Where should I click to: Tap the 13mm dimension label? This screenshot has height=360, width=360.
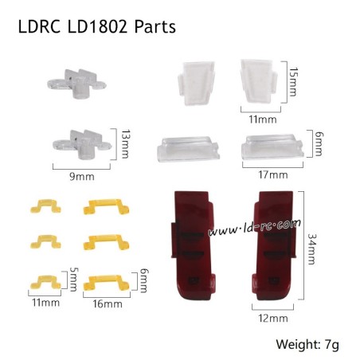point(124,143)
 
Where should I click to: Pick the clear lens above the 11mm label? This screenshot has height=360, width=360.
point(260,82)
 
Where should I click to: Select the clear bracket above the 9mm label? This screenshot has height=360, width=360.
point(82,142)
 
